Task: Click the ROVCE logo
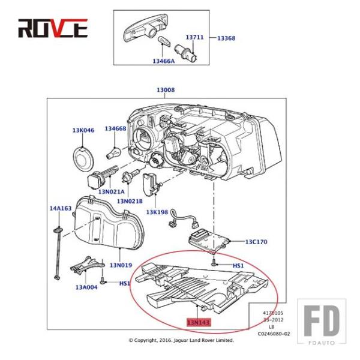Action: [x=53, y=28]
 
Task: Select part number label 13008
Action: [x=165, y=90]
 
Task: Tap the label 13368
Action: [x=226, y=38]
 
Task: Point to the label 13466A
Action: [x=163, y=61]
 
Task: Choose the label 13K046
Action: [x=83, y=130]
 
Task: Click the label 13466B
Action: [x=115, y=128]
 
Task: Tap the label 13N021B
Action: [x=130, y=201]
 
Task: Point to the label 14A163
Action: [x=60, y=208]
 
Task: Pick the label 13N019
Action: [x=121, y=265]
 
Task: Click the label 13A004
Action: [x=86, y=287]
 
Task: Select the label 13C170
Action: [x=256, y=242]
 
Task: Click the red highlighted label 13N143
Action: [x=199, y=323]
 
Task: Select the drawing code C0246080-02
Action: [x=274, y=334]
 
